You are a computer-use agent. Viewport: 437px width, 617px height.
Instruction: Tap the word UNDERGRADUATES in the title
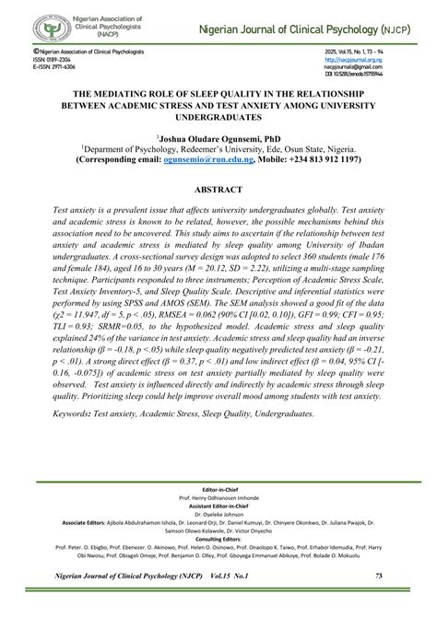point(218,116)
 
